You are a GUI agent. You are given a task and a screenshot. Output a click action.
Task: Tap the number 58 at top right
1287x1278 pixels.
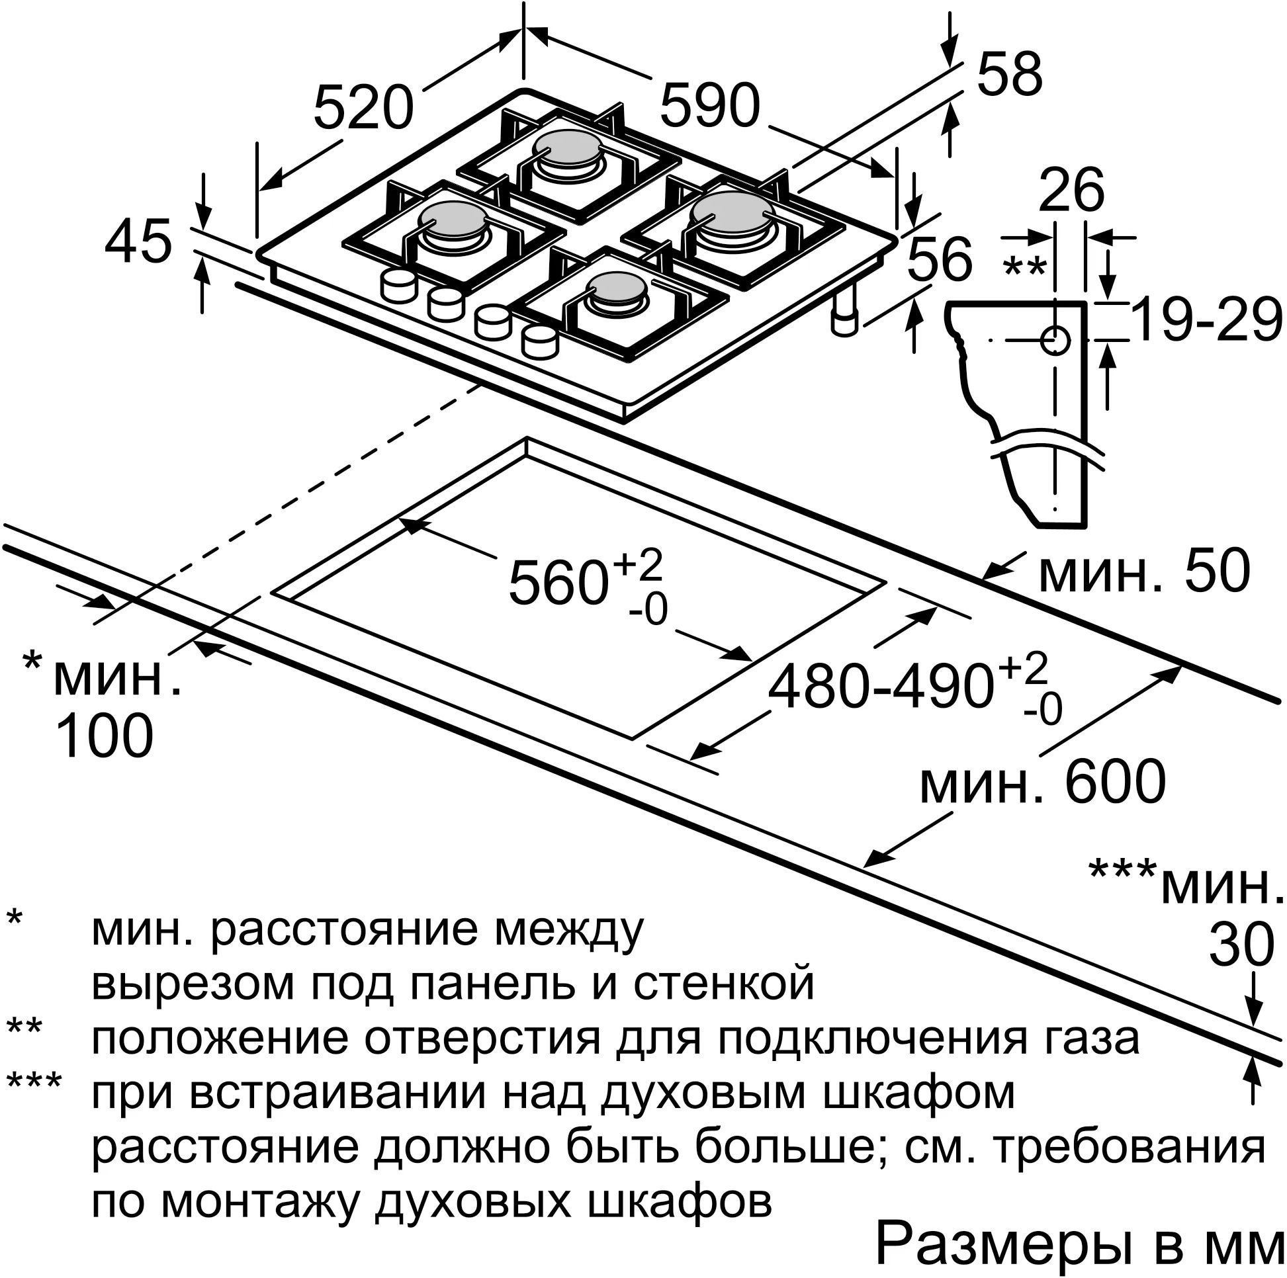pyautogui.click(x=1009, y=75)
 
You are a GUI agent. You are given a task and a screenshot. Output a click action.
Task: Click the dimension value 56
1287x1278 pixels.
pyautogui.click(x=939, y=259)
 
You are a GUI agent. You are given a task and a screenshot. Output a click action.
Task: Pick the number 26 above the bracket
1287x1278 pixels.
pyautogui.click(x=1072, y=192)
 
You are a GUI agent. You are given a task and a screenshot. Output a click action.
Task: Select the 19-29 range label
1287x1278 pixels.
pyautogui.click(x=1206, y=320)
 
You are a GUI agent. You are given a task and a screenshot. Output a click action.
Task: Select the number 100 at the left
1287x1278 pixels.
pyautogui.click(x=105, y=736)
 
